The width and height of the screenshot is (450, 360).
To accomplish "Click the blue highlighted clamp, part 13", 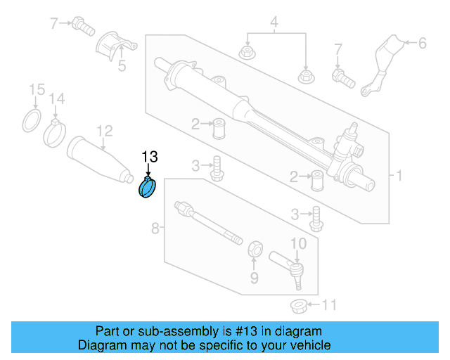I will pyautogui.click(x=148, y=188).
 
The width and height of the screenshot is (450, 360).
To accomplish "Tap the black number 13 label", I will pyautogui.click(x=150, y=157).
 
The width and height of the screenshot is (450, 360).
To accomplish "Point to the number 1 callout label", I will pyautogui.click(x=399, y=175).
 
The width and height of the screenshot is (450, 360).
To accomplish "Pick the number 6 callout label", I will pyautogui.click(x=421, y=44).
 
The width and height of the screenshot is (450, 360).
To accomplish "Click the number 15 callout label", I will pyautogui.click(x=35, y=89).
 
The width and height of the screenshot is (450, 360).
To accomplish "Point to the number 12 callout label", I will pyautogui.click(x=104, y=130).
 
